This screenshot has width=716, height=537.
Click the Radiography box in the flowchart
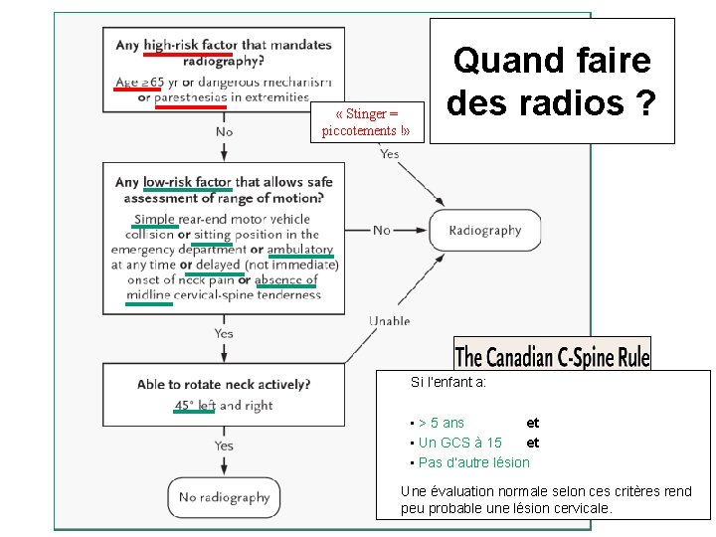coord(484,230)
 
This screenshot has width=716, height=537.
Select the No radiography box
coord(224,497)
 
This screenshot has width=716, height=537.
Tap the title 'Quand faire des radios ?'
coord(551,81)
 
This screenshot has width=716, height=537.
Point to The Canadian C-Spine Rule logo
coord(552,355)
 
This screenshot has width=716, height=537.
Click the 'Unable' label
coord(389,320)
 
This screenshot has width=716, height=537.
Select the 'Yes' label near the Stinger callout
coord(389,153)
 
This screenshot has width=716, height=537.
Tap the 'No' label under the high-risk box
coord(224,130)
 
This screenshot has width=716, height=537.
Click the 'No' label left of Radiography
coord(381,230)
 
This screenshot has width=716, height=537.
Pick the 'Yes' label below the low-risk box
coord(224,333)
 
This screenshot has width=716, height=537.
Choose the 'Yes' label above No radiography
coord(224,446)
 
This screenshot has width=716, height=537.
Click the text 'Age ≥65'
coord(139,82)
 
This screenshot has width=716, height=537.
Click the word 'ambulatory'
coord(300,250)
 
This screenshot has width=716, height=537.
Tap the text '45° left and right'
coord(223,406)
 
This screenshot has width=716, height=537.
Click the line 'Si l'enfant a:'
coord(448,382)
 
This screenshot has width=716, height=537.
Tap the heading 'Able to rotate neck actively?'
coord(224,384)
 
